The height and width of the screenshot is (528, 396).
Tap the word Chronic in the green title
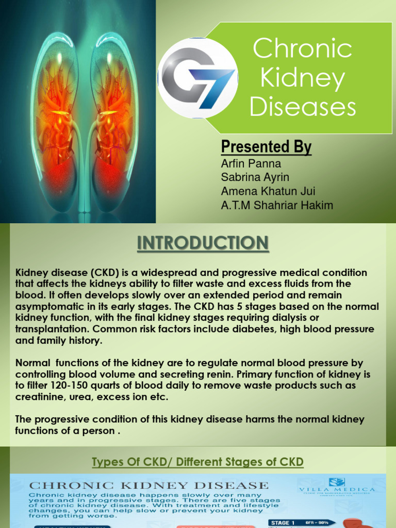303,49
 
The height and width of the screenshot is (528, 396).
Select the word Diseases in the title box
303,107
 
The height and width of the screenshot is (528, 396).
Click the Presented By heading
266,147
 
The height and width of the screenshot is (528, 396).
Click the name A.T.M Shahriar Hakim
277,205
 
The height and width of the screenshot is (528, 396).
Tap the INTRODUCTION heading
203,243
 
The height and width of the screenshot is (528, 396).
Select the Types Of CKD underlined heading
197,463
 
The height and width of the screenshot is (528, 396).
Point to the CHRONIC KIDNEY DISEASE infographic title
148,485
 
